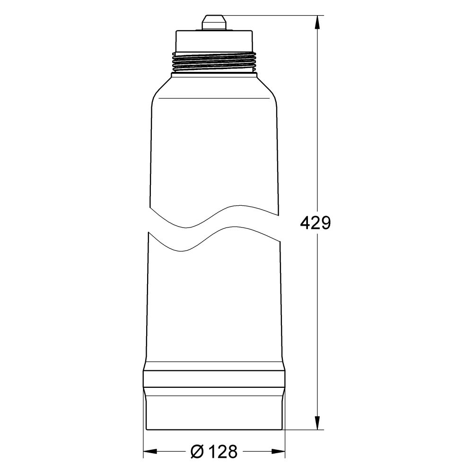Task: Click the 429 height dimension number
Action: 315,223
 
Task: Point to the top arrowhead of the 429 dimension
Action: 317,22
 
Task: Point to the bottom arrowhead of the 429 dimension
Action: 317,424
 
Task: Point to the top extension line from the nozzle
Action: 274,16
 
